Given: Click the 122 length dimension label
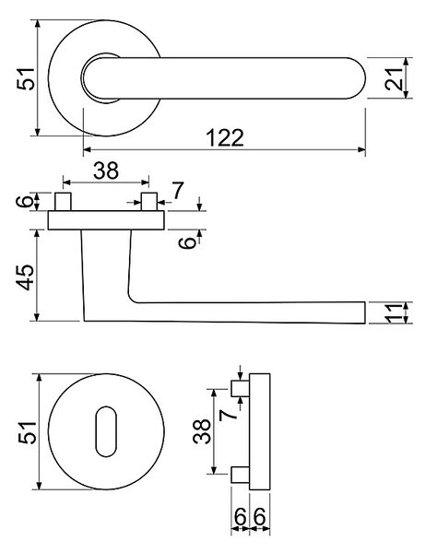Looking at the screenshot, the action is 225,137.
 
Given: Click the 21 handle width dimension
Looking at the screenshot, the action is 394,78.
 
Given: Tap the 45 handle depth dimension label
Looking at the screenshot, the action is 27,276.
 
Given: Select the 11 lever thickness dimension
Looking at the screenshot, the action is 394,312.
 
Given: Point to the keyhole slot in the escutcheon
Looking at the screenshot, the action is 106,431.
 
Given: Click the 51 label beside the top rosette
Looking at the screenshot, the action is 27,78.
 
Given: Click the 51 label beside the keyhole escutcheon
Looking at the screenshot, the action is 27,432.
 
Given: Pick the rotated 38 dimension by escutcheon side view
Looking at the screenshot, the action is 202,431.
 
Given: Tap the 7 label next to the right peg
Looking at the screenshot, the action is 178,191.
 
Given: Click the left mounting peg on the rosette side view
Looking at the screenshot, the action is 63,202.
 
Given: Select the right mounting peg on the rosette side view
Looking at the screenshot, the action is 149,202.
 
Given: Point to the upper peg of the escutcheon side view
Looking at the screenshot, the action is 241,389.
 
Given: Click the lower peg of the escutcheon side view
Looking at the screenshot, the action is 241,475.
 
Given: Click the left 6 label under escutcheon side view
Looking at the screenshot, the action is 241,517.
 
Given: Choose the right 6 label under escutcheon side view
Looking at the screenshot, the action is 259,517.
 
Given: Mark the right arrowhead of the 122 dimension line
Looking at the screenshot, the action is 361,149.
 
